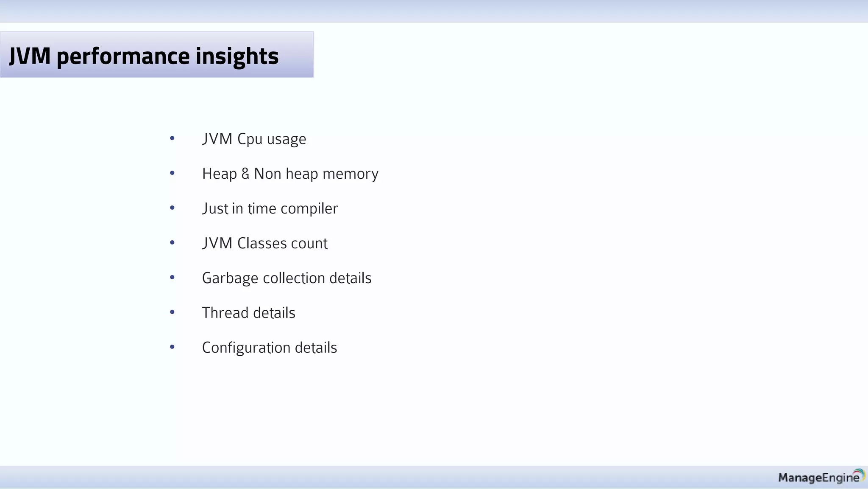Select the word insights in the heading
pyautogui.click(x=237, y=56)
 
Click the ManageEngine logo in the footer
pyautogui.click(x=821, y=477)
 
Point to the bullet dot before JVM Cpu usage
pyautogui.click(x=172, y=138)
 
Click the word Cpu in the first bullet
pyautogui.click(x=250, y=139)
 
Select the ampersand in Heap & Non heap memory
pyautogui.click(x=245, y=174)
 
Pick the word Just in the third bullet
pyautogui.click(x=215, y=208)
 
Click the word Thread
pyautogui.click(x=225, y=313)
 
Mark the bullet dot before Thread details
pyautogui.click(x=172, y=312)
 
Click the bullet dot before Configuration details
pyautogui.click(x=172, y=347)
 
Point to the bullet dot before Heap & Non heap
pyautogui.click(x=172, y=173)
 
